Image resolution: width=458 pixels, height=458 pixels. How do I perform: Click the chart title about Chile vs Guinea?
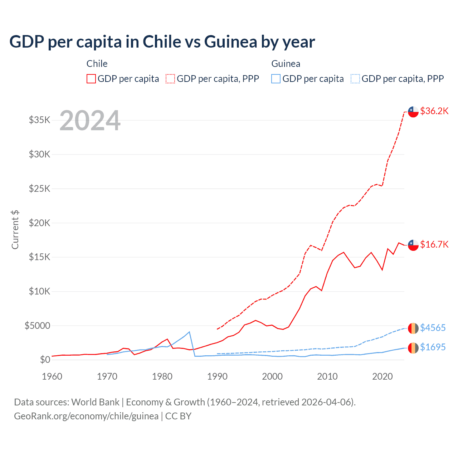[162, 42]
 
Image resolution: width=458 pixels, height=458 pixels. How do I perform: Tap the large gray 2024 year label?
[90, 121]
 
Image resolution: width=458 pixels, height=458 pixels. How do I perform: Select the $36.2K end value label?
[434, 111]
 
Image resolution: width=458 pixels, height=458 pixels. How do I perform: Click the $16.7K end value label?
[434, 244]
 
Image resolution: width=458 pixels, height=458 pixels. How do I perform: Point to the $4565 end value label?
[433, 328]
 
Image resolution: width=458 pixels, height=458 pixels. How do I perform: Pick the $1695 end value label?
[433, 347]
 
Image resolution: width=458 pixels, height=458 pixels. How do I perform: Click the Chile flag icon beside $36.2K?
[413, 112]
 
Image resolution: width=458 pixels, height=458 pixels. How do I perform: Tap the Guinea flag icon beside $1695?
[413, 348]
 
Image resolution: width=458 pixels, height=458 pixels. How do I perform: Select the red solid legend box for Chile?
[91, 79]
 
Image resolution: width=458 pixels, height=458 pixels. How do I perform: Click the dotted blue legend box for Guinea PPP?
[355, 79]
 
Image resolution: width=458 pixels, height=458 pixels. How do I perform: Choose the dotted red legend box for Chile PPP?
[170, 79]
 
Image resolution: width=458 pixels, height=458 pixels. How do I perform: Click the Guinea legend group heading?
[286, 64]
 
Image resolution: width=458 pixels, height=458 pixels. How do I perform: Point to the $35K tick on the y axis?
[40, 120]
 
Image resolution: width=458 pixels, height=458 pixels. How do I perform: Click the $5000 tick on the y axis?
[38, 326]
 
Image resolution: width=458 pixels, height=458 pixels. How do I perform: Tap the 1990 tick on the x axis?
[217, 376]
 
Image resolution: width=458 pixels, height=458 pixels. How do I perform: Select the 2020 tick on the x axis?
[383, 376]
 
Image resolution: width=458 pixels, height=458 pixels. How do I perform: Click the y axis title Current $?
[15, 230]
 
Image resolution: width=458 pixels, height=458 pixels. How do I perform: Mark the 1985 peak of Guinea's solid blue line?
[189, 332]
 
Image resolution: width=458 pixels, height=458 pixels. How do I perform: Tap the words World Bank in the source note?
[95, 402]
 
